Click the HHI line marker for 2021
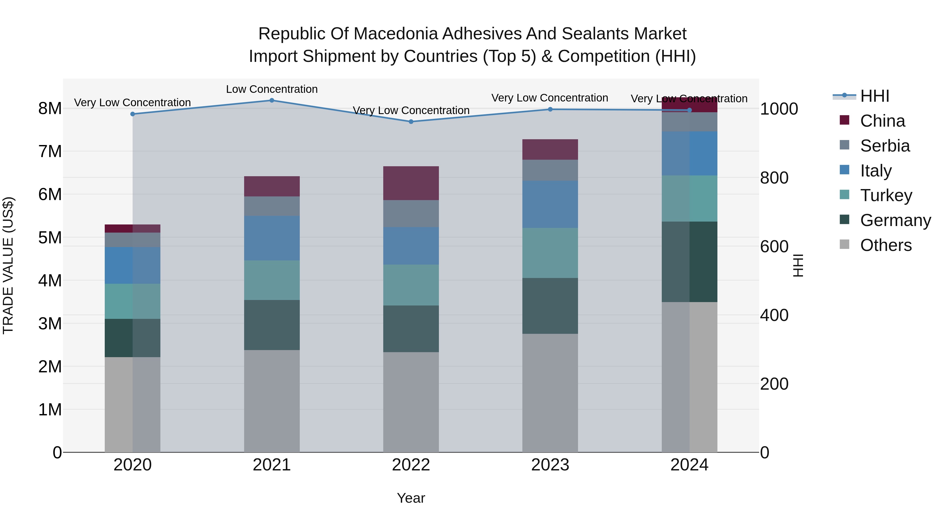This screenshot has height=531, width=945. pos(272,100)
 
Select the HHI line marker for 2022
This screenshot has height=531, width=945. pos(411,122)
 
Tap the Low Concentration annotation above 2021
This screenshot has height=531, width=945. pos(272,89)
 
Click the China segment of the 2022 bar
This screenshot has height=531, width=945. pos(411,183)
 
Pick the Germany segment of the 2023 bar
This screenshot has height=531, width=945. pos(550,306)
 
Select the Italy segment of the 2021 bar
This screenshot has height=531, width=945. pos(272,238)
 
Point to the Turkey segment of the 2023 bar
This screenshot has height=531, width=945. pos(550,253)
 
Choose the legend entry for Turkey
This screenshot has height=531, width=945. pos(886,195)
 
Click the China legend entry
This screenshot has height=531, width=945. pos(882,121)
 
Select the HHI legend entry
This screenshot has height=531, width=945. pos(875,96)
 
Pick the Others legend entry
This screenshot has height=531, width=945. pos(886,245)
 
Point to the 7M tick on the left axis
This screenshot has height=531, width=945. pos(50,151)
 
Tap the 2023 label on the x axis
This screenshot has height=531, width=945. pos(550,465)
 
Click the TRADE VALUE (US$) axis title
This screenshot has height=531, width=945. pos(8,265)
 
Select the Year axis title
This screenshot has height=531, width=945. pos(411,498)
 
